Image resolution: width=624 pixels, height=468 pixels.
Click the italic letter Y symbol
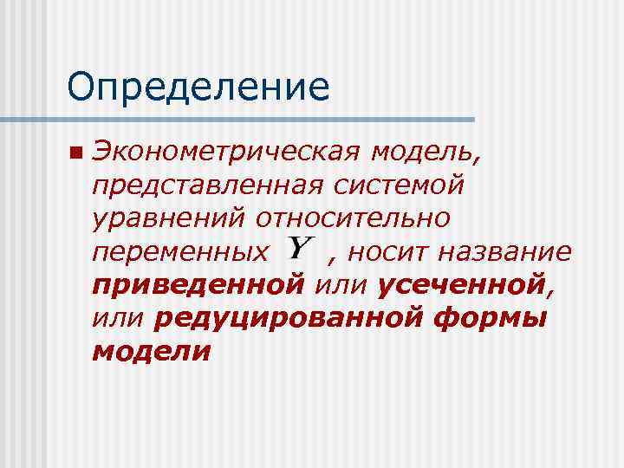pos(299,250)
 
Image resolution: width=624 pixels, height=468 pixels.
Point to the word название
pos(504,252)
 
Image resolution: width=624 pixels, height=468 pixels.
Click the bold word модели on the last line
pos(151,351)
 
